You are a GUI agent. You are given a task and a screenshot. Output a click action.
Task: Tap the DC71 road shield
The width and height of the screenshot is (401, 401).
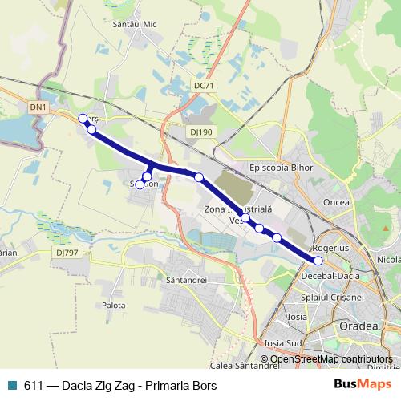[205, 85]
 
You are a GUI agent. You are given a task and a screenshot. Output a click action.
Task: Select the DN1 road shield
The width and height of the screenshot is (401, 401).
[38, 106]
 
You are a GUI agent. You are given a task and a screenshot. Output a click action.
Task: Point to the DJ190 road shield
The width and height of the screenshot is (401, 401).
[202, 132]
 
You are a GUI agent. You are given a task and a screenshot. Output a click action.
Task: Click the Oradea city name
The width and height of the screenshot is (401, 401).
[358, 326]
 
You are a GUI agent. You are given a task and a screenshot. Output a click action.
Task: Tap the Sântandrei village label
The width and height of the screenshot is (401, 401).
[186, 281]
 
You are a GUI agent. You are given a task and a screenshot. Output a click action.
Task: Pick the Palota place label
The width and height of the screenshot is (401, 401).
[113, 306]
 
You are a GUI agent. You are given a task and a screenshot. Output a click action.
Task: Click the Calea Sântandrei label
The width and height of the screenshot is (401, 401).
[244, 366]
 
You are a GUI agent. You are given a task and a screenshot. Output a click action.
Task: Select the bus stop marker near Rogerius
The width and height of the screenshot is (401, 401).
[318, 261]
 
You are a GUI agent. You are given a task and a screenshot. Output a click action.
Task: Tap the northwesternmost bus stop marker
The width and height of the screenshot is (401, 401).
[83, 119]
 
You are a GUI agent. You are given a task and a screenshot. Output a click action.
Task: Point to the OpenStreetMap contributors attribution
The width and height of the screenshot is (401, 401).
[331, 359]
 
